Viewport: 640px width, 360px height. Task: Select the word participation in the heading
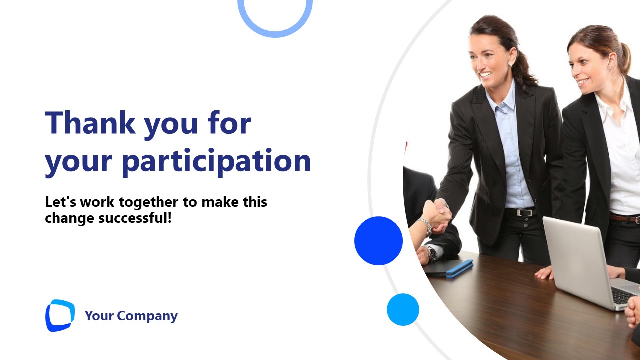point(216,161)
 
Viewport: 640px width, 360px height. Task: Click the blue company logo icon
point(60,315)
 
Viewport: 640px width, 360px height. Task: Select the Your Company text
point(131,316)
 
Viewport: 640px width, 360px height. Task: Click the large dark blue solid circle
point(378,241)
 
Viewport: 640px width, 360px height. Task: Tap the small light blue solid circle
point(403,309)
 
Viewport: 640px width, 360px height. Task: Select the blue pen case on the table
point(459,268)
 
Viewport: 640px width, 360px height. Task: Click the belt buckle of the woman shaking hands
point(523,212)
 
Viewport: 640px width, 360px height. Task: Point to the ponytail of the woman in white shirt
point(624,57)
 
